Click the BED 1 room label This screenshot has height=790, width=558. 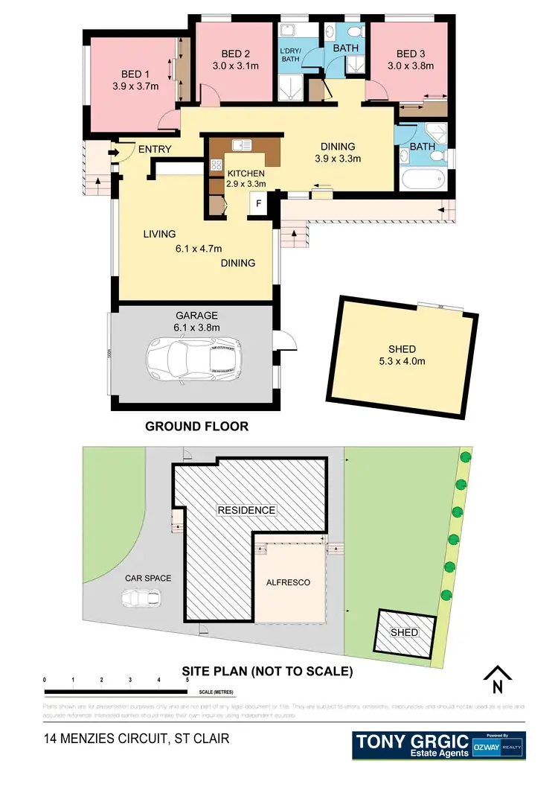pyautogui.click(x=135, y=74)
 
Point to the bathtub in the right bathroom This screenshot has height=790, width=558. pyautogui.click(x=423, y=179)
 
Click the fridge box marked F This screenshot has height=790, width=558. pyautogui.click(x=258, y=203)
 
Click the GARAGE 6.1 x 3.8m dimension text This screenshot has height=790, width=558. pyautogui.click(x=197, y=326)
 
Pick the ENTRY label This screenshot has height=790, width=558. pyautogui.click(x=154, y=150)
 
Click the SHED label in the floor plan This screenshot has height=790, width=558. pyautogui.click(x=402, y=349)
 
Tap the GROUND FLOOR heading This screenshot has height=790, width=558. pyautogui.click(x=196, y=427)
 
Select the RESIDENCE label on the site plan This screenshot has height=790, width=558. pyautogui.click(x=246, y=510)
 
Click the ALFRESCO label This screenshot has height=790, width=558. pyautogui.click(x=288, y=582)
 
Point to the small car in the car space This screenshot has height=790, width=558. pyautogui.click(x=141, y=598)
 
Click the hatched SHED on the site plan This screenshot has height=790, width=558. pyautogui.click(x=405, y=633)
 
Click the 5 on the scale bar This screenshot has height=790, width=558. pyautogui.click(x=187, y=681)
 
